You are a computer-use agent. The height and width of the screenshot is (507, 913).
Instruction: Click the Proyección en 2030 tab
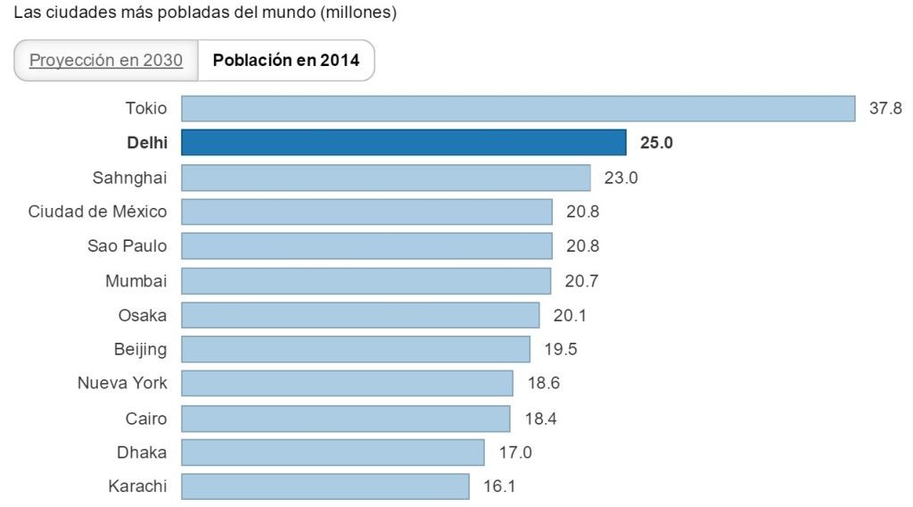coord(106,61)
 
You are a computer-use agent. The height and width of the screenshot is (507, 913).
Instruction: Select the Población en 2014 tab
coord(286,61)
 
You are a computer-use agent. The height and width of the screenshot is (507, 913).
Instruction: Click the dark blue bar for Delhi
coord(404,143)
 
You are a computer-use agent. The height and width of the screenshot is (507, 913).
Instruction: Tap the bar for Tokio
coord(518,109)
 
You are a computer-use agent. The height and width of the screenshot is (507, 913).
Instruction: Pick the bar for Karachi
coord(325,486)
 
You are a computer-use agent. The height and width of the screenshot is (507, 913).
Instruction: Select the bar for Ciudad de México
coord(367,212)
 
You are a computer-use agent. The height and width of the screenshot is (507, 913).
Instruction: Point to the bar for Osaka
coord(360,315)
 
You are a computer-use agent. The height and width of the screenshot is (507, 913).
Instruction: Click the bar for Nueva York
coord(347,384)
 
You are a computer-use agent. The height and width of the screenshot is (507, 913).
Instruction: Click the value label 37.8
coord(885,109)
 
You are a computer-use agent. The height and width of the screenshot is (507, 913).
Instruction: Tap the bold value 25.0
coord(656,143)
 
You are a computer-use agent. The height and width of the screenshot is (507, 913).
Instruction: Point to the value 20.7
coord(581,281)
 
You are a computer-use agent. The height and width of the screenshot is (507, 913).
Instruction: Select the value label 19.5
coord(560,349)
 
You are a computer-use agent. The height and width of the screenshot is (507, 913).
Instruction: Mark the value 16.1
coord(498,486)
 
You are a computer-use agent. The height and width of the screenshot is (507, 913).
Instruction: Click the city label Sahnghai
coord(129,177)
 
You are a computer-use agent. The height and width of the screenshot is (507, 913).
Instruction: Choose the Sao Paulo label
coord(127,246)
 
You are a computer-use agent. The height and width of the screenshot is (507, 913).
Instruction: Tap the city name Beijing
coord(140,349)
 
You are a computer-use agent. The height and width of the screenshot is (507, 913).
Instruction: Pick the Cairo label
coord(146,418)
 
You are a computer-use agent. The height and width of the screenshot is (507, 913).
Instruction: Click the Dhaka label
coord(142,453)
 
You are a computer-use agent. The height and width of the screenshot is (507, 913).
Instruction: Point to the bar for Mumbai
coord(366,281)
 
